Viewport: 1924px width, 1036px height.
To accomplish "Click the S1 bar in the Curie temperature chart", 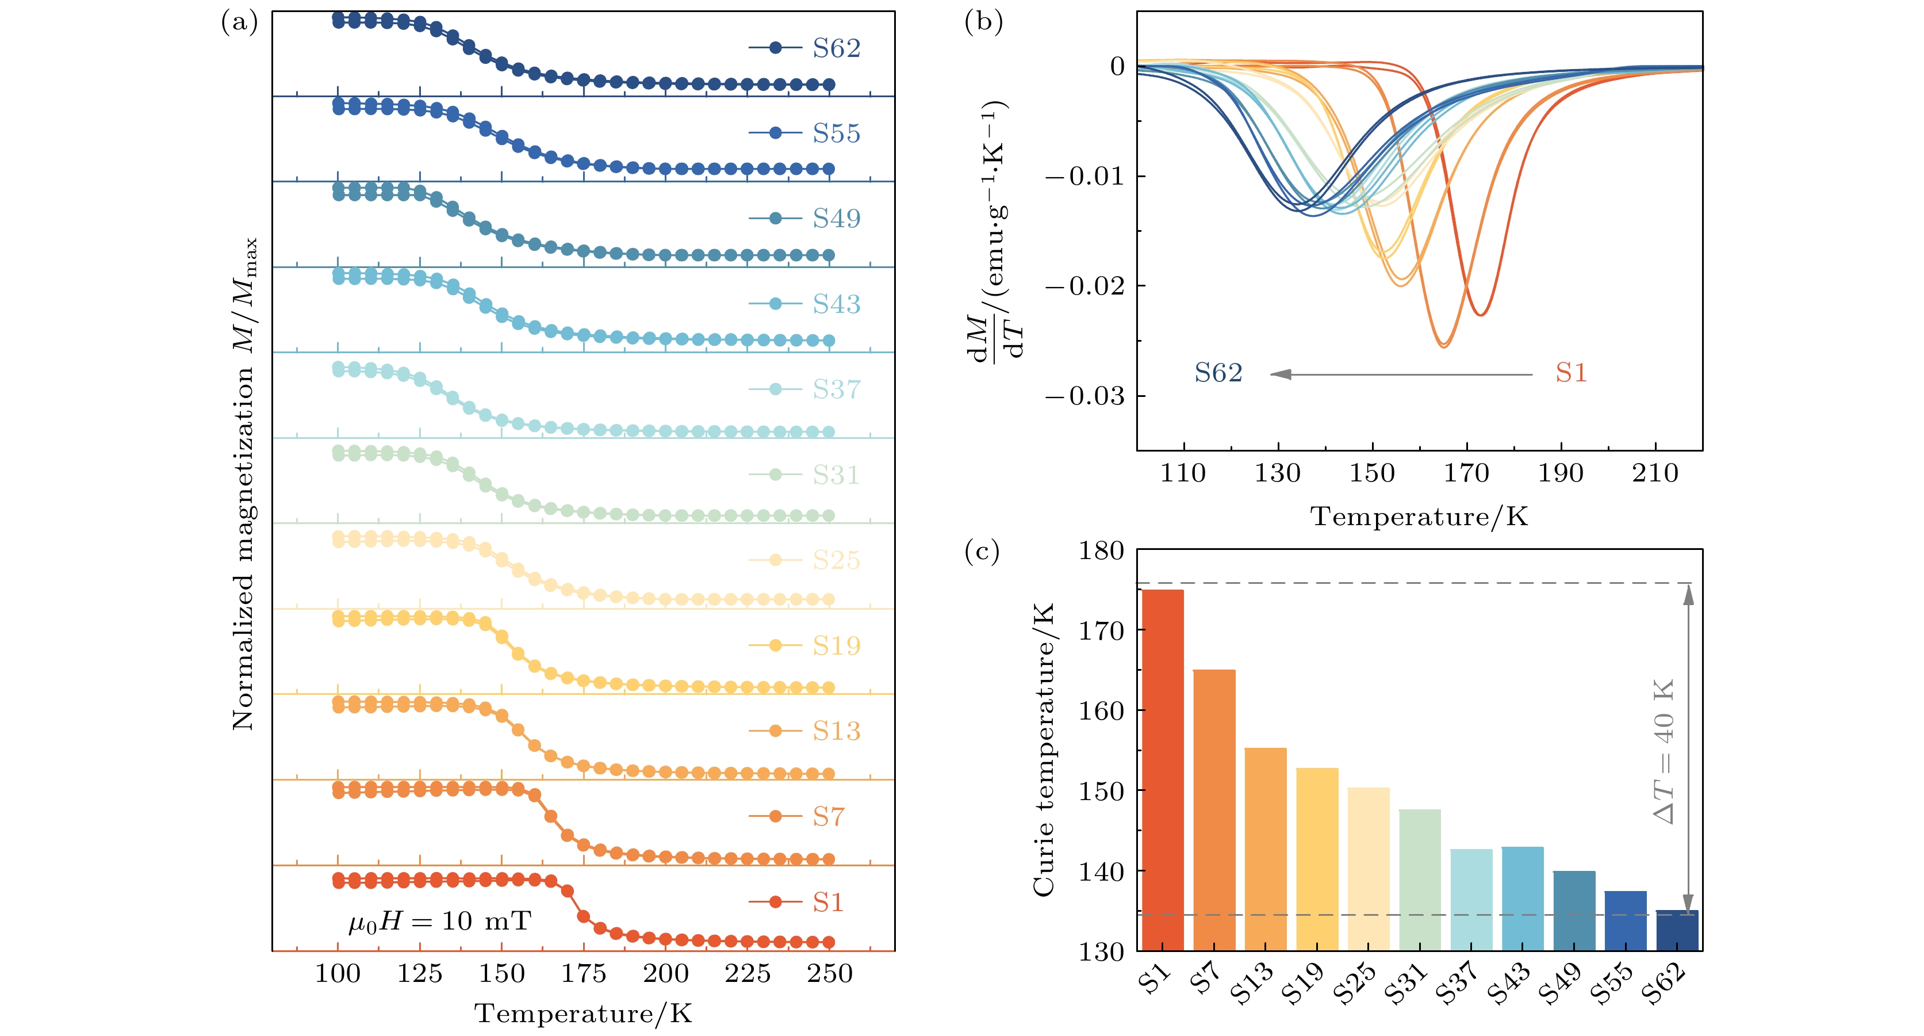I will pyautogui.click(x=1162, y=769).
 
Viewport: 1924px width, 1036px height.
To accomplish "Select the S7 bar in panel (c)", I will pyautogui.click(x=1214, y=810).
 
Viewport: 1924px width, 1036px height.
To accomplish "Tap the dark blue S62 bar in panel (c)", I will pyautogui.click(x=1677, y=930).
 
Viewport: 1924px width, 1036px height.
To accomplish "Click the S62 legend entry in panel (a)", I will pyautogui.click(x=805, y=48).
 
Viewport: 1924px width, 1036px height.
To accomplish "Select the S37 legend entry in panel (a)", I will pyautogui.click(x=805, y=389).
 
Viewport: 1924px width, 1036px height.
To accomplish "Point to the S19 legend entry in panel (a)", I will pyautogui.click(x=805, y=645).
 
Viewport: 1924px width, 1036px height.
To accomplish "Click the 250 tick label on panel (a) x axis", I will pyautogui.click(x=829, y=974).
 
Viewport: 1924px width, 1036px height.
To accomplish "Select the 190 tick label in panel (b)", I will pyautogui.click(x=1560, y=473).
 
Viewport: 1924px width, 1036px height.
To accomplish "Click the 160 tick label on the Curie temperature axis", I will pyautogui.click(x=1101, y=711).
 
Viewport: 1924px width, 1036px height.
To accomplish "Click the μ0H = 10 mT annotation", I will pyautogui.click(x=440, y=922).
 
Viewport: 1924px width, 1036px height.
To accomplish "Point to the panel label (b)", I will pyautogui.click(x=983, y=22).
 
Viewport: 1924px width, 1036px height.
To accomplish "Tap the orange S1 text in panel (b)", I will pyautogui.click(x=1571, y=373).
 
